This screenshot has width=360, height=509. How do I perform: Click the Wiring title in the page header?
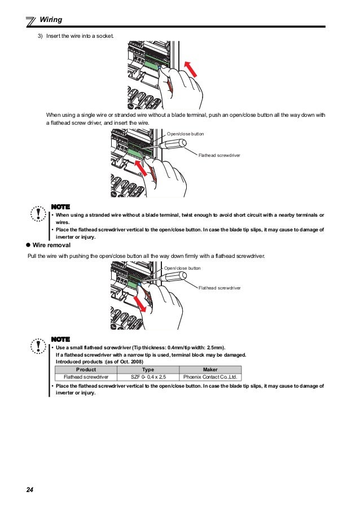(x=51, y=20)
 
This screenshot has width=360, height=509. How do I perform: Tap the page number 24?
(x=30, y=489)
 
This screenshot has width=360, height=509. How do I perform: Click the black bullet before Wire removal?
(x=28, y=246)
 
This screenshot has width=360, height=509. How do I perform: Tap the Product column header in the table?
(x=86, y=370)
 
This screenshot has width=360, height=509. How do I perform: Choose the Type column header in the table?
(x=148, y=370)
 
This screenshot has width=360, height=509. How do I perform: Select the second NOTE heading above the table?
(x=60, y=339)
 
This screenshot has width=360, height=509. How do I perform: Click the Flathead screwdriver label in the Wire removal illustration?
(x=219, y=288)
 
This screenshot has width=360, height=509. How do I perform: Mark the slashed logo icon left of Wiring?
(x=32, y=21)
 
